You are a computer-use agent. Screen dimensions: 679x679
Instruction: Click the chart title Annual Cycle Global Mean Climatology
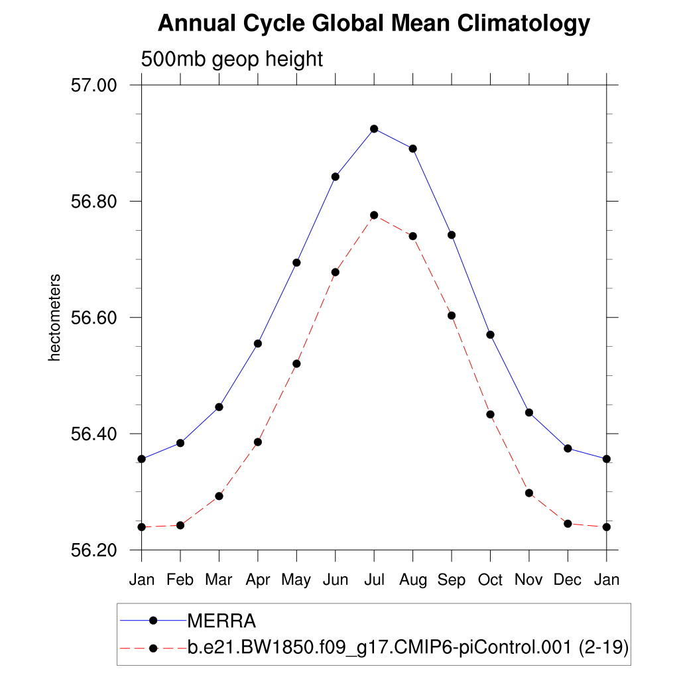pyautogui.click(x=373, y=25)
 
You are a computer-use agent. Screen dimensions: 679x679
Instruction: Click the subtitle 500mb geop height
pyautogui.click(x=231, y=59)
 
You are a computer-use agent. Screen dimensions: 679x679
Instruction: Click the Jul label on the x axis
pyautogui.click(x=374, y=580)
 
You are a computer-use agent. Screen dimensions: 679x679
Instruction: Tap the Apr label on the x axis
pyautogui.click(x=258, y=580)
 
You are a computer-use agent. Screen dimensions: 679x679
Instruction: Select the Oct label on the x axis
pyautogui.click(x=491, y=580)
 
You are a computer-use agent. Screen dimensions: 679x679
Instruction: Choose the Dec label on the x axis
pyautogui.click(x=568, y=580)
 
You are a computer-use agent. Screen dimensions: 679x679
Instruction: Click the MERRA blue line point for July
pyautogui.click(x=374, y=129)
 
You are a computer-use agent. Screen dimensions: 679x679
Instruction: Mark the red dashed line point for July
pyautogui.click(x=374, y=215)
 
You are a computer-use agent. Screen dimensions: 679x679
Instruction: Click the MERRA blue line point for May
pyautogui.click(x=296, y=263)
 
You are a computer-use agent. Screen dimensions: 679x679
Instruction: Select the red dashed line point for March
pyautogui.click(x=219, y=496)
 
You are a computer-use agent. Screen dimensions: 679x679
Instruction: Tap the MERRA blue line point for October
pyautogui.click(x=491, y=334)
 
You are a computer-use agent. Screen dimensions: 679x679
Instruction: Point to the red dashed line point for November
pyautogui.click(x=529, y=493)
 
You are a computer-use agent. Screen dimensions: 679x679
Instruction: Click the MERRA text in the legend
pyautogui.click(x=221, y=621)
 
